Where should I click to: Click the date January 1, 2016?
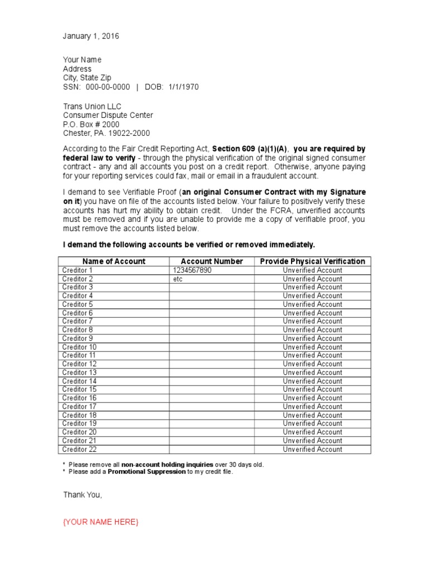pos(91,36)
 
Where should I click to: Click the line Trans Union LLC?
pos(92,106)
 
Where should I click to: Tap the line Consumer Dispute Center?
pos(108,115)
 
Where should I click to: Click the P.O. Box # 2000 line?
pos(91,124)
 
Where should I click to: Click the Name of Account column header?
pos(114,261)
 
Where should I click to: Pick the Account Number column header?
pos(212,261)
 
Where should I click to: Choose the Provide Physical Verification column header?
pos(312,261)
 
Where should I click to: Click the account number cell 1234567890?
pos(193,270)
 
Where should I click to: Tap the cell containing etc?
pos(178,279)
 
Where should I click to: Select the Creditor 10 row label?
pos(79,347)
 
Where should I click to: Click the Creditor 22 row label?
pos(79,449)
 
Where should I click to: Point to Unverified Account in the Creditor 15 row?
pos(312,389)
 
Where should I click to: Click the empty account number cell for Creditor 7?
pos(212,321)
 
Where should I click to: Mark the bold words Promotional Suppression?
pos(147,472)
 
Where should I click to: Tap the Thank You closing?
pos(83,495)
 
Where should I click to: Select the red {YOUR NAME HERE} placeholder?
pos(101,522)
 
